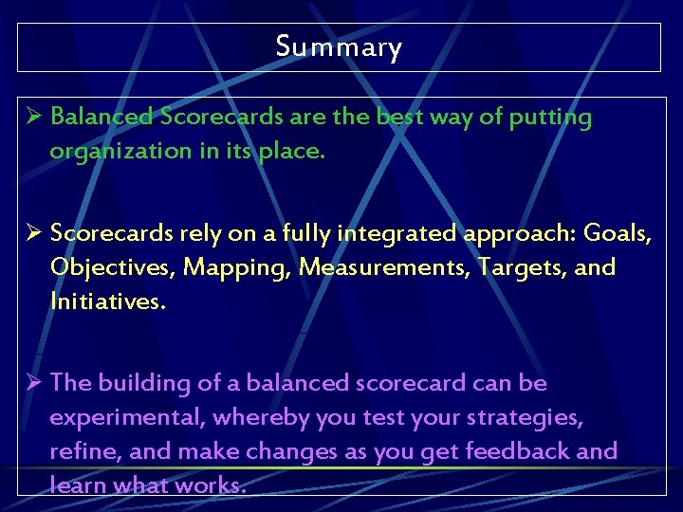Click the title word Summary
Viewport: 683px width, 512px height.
click(x=339, y=46)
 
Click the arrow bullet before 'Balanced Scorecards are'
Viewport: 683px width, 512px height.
click(x=32, y=118)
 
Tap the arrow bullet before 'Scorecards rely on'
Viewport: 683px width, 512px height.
click(x=32, y=233)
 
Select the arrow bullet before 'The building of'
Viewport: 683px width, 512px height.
click(x=32, y=383)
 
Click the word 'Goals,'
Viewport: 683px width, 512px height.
click(x=618, y=233)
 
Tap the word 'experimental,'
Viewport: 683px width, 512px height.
click(x=127, y=418)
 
